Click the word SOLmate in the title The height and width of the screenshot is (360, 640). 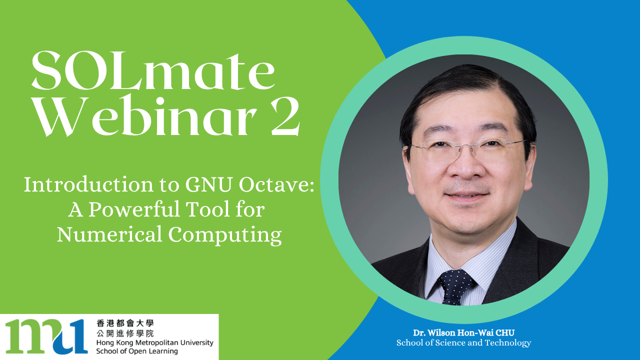click(x=153, y=71)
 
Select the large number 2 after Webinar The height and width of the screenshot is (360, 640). click(x=285, y=116)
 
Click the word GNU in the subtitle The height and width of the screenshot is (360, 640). click(x=208, y=184)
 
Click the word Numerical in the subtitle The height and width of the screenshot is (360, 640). click(x=109, y=234)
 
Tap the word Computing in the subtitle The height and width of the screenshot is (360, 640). click(x=225, y=235)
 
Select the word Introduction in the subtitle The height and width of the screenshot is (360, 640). click(x=89, y=184)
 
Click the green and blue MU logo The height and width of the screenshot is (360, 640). click(x=46, y=336)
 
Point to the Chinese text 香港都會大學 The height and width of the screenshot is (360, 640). click(x=125, y=323)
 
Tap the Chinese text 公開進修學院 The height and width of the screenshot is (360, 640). click(x=125, y=333)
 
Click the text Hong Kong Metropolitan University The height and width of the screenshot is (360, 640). click(x=155, y=342)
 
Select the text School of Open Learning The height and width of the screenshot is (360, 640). click(x=137, y=351)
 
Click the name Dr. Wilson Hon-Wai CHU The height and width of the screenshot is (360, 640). click(x=463, y=333)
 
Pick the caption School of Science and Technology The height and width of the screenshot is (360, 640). click(x=463, y=342)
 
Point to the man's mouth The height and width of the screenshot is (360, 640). click(x=466, y=196)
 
